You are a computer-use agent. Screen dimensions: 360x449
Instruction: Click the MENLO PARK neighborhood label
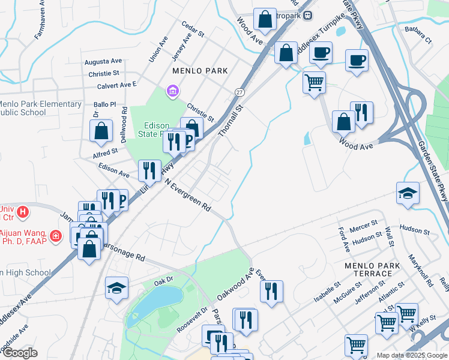(x=200, y=71)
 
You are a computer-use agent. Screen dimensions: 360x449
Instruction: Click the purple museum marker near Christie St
(x=173, y=91)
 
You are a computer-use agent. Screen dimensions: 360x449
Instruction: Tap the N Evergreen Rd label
(x=188, y=194)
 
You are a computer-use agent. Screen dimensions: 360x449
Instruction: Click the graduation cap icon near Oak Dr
(x=116, y=287)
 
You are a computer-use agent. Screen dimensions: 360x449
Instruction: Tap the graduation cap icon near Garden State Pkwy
(x=408, y=193)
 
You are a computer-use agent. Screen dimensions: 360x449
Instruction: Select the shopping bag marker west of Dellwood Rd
(x=101, y=130)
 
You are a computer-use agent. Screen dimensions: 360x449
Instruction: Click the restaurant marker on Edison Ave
(x=149, y=170)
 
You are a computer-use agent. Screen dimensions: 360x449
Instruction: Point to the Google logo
(x=20, y=353)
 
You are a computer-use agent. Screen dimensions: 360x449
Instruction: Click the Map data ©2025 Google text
(x=412, y=355)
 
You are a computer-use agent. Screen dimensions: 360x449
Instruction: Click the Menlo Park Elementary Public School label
(x=39, y=108)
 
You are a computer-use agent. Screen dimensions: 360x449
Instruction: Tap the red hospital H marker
(x=23, y=211)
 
